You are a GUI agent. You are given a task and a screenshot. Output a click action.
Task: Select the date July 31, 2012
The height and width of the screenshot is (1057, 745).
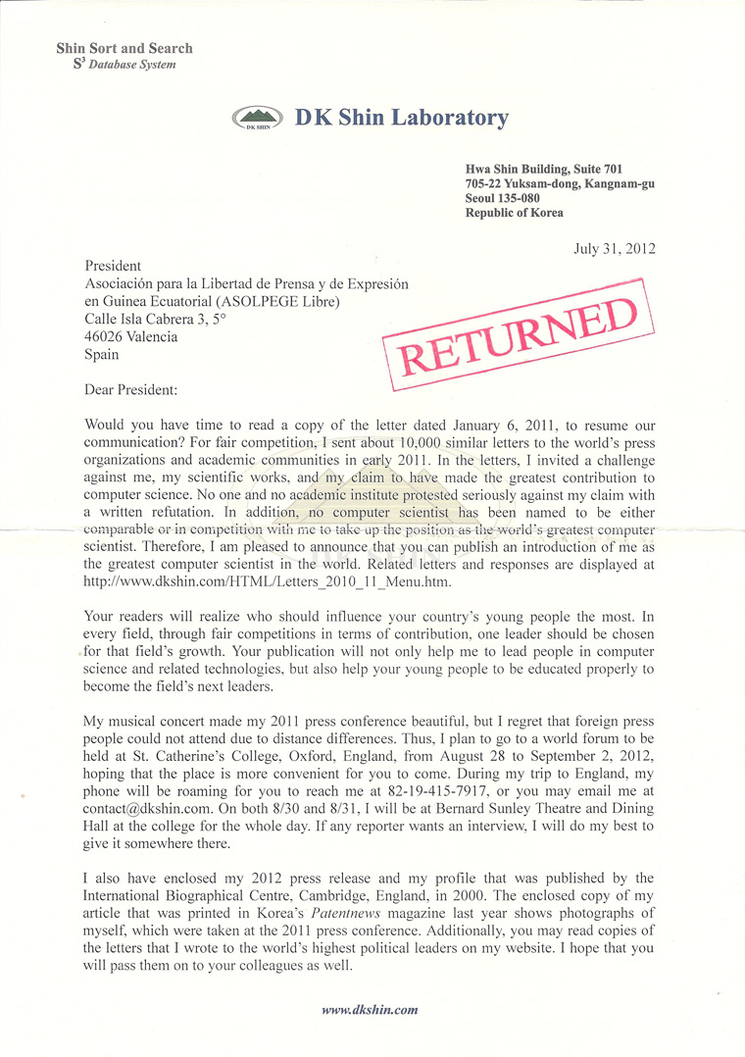[614, 248]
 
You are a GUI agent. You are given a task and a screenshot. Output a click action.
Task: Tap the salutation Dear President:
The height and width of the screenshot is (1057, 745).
[131, 389]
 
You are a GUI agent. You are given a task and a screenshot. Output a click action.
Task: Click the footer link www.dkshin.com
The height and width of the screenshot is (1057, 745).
[370, 1009]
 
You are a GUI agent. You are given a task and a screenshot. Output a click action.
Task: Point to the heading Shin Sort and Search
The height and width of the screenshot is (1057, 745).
[124, 48]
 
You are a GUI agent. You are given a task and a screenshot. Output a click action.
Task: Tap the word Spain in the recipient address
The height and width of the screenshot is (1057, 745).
[102, 354]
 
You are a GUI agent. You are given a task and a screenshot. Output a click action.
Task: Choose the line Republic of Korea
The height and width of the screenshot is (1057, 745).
[514, 213]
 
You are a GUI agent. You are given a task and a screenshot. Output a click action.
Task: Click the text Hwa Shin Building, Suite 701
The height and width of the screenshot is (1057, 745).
[543, 170]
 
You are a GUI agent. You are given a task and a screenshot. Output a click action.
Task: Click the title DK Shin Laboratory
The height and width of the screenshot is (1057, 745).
[402, 119]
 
